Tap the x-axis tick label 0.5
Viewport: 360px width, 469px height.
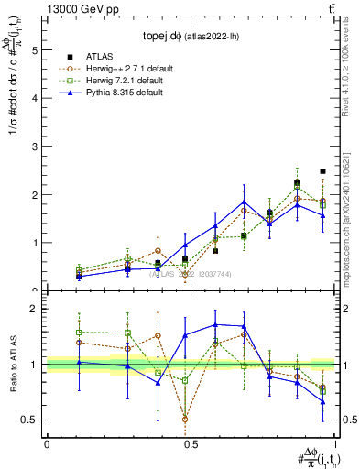[191, 444]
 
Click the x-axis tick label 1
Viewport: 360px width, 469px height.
[336, 444]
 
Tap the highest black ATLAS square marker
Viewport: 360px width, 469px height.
[322, 171]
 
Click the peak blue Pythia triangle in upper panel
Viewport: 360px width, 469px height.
[245, 202]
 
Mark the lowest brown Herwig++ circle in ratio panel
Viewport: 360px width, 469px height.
[186, 420]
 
